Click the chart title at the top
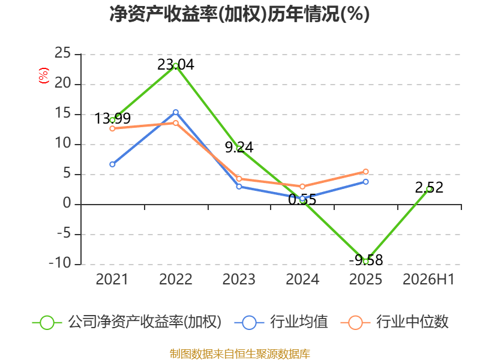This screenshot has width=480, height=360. tap(239, 14)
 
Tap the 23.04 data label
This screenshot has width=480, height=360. tap(176, 65)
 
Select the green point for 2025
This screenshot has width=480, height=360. tap(365, 262)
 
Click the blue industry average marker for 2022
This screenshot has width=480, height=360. tap(176, 112)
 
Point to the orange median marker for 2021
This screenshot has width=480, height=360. tap(112, 128)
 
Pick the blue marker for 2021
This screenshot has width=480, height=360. tap(112, 164)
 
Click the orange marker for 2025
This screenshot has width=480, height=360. tap(365, 172)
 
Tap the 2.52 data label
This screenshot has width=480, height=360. tap(429, 187)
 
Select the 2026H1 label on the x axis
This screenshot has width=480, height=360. tap(428, 279)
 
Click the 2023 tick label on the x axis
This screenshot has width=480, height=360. tap(239, 279)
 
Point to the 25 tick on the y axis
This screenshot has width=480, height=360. tap(63, 53)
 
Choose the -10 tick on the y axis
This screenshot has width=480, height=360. tap(60, 263)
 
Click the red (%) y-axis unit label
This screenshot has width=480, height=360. tap(43, 76)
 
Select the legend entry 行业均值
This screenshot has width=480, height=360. tap(281, 322)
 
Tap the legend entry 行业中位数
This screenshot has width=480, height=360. tap(394, 322)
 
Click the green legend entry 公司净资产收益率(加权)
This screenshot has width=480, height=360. tap(127, 322)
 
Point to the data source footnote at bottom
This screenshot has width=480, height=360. tap(240, 353)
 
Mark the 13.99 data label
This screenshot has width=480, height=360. tap(113, 118)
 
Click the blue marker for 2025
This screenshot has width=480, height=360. tap(365, 182)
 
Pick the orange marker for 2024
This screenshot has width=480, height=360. tap(302, 187)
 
